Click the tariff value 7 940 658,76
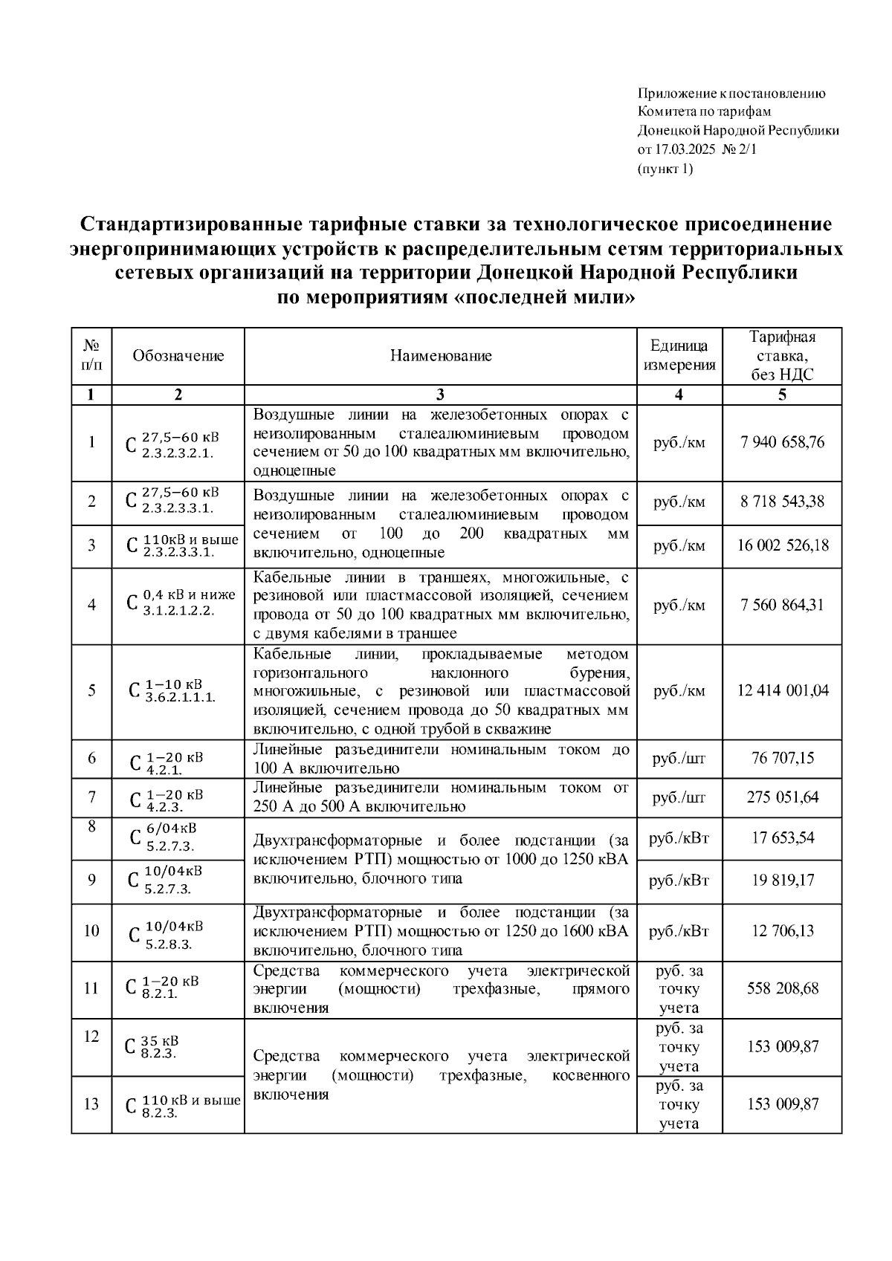pyautogui.click(x=782, y=443)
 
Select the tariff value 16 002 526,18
pyautogui.click(x=782, y=545)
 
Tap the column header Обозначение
pyautogui.click(x=178, y=356)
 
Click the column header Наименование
pyautogui.click(x=441, y=356)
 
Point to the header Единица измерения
pyautogui.click(x=679, y=356)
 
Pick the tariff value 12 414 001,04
pyautogui.click(x=782, y=690)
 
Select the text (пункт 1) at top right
pyautogui.click(x=665, y=169)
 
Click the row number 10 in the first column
pyautogui.click(x=91, y=931)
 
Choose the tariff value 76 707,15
pyautogui.click(x=782, y=759)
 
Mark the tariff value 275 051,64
pyautogui.click(x=782, y=797)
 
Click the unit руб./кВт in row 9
pyautogui.click(x=679, y=881)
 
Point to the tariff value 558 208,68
pyautogui.click(x=782, y=988)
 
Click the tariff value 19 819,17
pyautogui.click(x=782, y=881)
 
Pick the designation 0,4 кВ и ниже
pyautogui.click(x=189, y=595)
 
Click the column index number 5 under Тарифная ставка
pyautogui.click(x=782, y=395)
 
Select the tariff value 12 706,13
pyautogui.click(x=782, y=931)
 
